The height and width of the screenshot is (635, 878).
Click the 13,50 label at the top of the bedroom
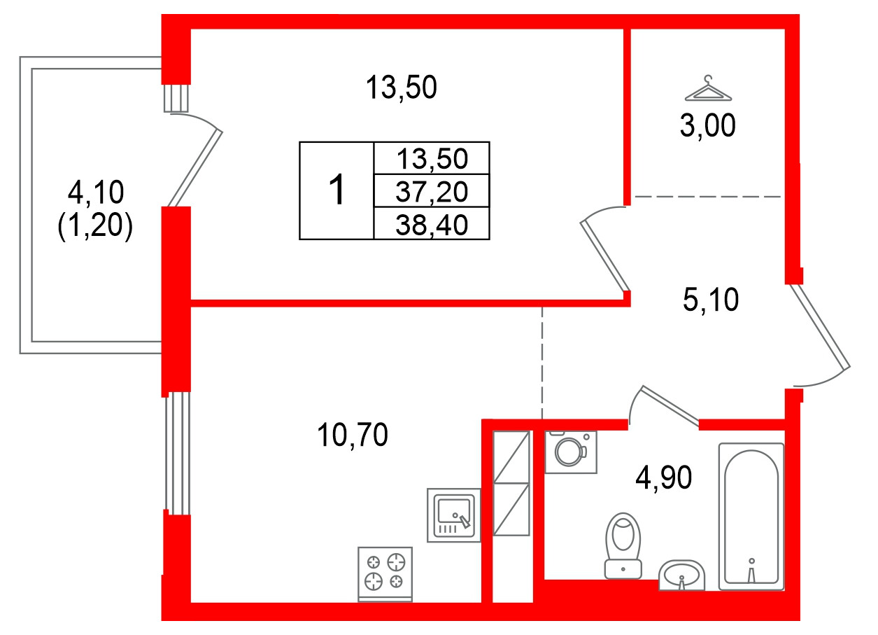tap(401, 89)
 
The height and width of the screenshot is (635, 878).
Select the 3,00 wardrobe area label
tap(707, 127)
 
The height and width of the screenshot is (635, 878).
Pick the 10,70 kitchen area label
tap(352, 436)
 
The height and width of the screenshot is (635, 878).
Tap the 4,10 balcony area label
tap(95, 190)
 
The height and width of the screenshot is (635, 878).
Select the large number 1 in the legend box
tap(337, 190)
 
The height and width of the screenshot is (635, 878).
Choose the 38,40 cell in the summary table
tap(432, 224)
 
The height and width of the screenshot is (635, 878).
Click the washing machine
tap(571, 452)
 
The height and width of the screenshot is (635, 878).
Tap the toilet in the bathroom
tap(623, 545)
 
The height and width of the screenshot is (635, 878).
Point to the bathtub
tap(751, 515)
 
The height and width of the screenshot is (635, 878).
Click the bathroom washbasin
tap(681, 575)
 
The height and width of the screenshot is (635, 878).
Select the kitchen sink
tap(453, 515)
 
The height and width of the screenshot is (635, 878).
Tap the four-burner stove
tap(385, 572)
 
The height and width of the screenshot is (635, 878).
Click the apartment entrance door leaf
tap(820, 326)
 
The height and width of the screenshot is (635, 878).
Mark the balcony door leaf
tap(195, 168)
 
